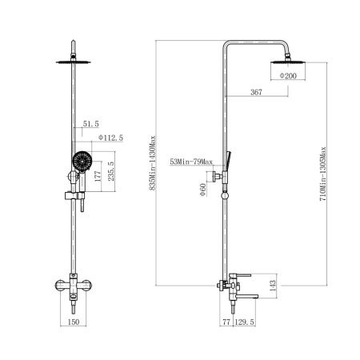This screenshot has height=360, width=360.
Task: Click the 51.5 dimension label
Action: point(91,124)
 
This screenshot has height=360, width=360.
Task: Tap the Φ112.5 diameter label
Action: point(110,138)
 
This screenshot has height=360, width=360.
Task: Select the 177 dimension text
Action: point(98,176)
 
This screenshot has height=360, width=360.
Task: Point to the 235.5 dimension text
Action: point(111,171)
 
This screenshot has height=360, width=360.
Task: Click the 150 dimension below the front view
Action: point(74,322)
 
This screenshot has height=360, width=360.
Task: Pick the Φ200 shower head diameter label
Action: point(288,76)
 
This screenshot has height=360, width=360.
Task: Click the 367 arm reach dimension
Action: point(256,92)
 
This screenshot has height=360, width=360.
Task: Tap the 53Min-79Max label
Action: point(191,162)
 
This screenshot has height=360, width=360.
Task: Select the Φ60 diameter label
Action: point(203,190)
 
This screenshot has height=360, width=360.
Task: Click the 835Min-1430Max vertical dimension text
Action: point(153,163)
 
